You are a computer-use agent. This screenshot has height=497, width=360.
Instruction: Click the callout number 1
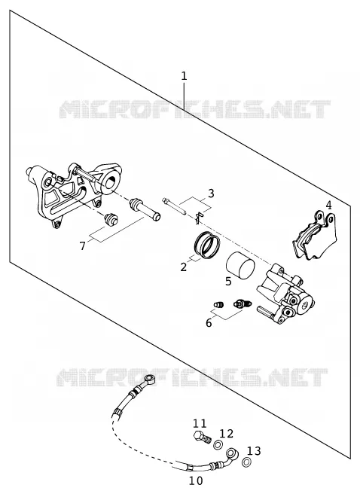[184, 76]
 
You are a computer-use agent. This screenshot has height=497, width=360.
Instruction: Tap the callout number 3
[211, 193]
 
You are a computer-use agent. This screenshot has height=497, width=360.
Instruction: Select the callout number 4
[328, 206]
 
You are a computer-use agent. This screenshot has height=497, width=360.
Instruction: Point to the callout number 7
[82, 245]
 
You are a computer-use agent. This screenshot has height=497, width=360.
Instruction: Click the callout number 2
[184, 267]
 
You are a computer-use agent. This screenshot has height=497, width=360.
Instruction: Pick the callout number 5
[228, 281]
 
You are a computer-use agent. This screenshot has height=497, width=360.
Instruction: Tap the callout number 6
[209, 323]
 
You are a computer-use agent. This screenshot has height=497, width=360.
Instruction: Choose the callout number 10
[196, 480]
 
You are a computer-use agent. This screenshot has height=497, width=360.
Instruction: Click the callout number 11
[200, 423]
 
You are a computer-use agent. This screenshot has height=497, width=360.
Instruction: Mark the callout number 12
[227, 434]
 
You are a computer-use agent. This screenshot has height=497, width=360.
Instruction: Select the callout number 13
[254, 450]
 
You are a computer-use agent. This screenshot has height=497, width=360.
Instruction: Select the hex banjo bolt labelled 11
[202, 438]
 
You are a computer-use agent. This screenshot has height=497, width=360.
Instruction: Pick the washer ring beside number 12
[218, 445]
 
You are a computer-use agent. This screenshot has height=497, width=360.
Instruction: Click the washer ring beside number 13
[246, 462]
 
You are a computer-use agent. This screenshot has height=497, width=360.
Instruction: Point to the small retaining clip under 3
[199, 217]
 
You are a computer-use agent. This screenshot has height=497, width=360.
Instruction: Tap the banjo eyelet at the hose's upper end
[150, 379]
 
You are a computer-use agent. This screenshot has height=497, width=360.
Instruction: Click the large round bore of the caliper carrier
[111, 183]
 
